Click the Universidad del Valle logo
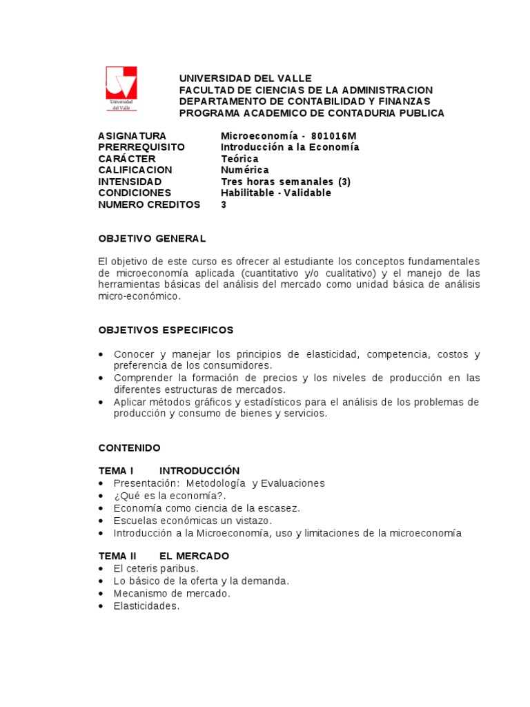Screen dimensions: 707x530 pos(121,88)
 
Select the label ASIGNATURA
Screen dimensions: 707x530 pos(132,136)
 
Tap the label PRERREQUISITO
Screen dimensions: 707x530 pos(141,147)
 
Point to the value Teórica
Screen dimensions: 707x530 pos(239,159)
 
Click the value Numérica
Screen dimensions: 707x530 pos(244,170)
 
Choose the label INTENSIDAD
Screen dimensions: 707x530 pos(130,182)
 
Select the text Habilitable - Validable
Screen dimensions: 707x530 pos(275,193)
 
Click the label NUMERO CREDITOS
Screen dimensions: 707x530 pos(149,204)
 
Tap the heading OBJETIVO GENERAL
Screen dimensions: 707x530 pos(152,238)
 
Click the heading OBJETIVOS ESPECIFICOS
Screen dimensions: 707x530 pos(166,330)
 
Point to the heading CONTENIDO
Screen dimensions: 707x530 pos(129,448)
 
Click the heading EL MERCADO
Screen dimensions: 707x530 pos(194,556)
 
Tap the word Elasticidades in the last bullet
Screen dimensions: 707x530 pos(146,606)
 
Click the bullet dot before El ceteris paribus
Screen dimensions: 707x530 pos(101,569)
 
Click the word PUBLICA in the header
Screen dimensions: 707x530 pos(422,113)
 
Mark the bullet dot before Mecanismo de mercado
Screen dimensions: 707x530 pos(101,594)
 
